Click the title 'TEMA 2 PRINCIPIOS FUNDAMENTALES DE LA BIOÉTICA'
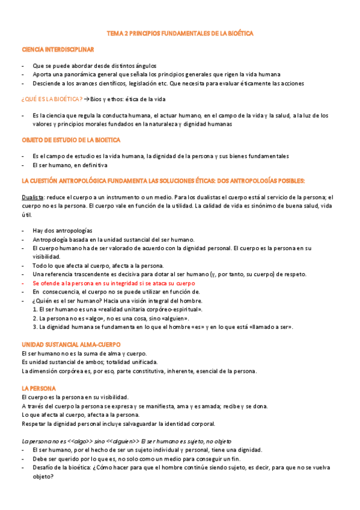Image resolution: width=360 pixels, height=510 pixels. point(180,34)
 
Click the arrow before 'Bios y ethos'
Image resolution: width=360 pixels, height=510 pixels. point(87,99)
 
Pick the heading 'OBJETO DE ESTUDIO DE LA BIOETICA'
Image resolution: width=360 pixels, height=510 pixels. point(70,140)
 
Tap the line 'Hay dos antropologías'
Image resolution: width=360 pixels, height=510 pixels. point(63,231)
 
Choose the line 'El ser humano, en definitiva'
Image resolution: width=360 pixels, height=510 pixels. point(70,164)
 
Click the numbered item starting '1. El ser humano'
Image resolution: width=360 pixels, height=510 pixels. point(117,309)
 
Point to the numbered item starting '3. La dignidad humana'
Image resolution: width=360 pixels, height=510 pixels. point(163,327)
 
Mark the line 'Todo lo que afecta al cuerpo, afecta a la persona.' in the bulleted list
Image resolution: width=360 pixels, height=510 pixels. point(102,265)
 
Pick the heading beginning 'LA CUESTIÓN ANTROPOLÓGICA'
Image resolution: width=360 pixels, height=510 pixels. point(163,180)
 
